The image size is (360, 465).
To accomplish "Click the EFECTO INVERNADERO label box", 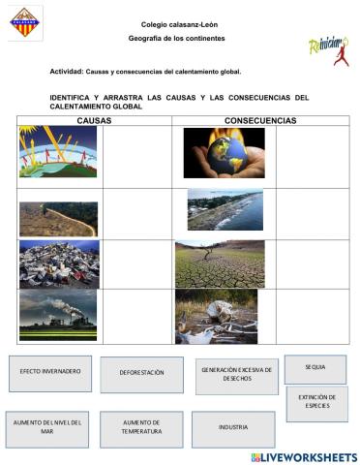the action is pos(49,373).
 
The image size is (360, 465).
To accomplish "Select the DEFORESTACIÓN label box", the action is pos(141,374).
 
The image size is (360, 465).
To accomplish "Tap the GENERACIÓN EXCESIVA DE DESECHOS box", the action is pos(236,375).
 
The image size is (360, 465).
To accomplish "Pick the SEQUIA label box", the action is pos(315,368).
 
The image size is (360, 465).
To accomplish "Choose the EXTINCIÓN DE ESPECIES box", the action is pos(316,403).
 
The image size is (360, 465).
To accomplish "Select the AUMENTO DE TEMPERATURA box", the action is pos(141,428).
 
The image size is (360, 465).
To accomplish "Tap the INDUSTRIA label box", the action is pos(232,427).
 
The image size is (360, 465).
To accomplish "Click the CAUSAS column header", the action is pos(94,121).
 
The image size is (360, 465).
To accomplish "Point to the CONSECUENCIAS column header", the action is pos(260,121).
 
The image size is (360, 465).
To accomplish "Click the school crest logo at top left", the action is pos(25,23).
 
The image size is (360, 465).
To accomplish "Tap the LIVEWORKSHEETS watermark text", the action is pos(305,456).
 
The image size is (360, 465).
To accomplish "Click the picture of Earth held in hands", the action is pos(224,153).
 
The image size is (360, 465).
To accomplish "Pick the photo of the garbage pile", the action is pos(58,263).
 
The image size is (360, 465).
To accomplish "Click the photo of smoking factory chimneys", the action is pos(58,316).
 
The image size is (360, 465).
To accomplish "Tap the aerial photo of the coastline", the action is pos(225,209).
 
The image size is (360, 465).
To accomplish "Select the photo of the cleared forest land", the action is pos(58,219).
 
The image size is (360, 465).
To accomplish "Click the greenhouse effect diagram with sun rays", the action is pos(58,152).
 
